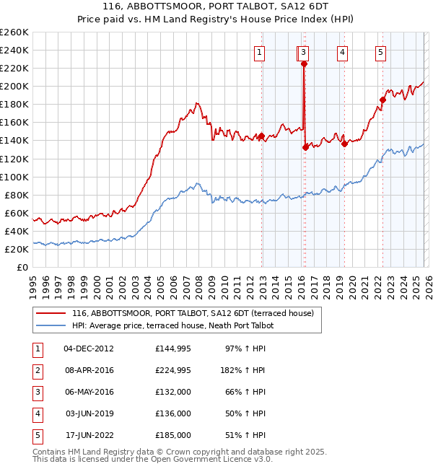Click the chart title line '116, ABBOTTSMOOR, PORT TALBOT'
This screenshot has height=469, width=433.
[216, 6]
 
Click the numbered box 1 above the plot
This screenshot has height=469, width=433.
[259, 52]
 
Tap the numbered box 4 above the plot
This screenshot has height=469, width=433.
[341, 52]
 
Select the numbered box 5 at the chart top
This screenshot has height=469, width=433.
[380, 52]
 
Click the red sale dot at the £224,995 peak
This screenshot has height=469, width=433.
[304, 63]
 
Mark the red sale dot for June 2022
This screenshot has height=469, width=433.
[382, 100]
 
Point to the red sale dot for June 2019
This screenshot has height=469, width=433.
[344, 144]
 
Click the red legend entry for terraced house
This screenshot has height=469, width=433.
[192, 314]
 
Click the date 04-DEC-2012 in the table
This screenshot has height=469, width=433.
[89, 349]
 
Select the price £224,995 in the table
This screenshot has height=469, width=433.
[172, 371]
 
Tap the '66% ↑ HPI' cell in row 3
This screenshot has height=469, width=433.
[244, 393]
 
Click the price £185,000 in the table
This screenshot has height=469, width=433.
[172, 436]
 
